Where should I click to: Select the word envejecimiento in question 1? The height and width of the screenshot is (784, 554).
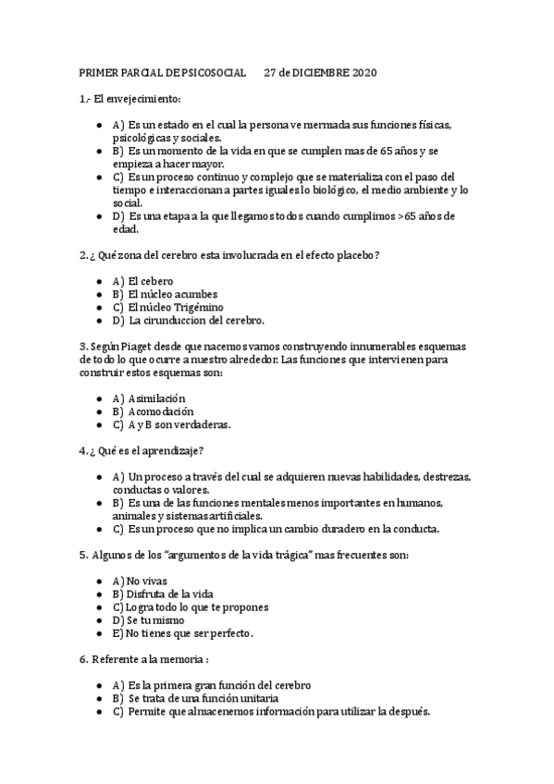142,99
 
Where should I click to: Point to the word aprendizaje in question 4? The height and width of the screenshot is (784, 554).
173,450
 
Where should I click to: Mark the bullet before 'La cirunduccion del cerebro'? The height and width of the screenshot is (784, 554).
99,321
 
